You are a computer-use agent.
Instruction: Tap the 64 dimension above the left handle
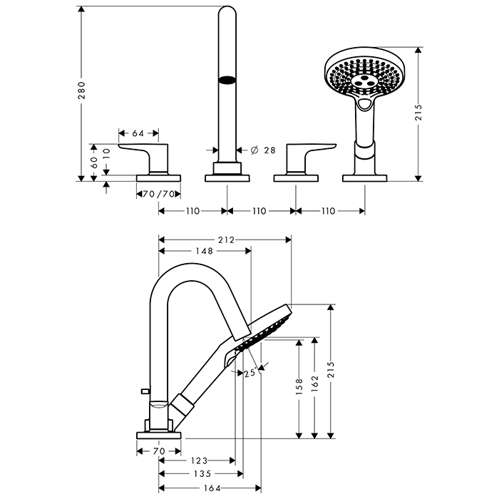pyautogui.click(x=138, y=133)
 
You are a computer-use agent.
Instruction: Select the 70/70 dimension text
pyautogui.click(x=157, y=194)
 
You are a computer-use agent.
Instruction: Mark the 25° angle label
pyautogui.click(x=249, y=372)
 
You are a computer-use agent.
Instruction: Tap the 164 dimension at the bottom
pyautogui.click(x=210, y=488)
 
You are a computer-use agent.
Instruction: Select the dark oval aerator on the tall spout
pyautogui.click(x=227, y=81)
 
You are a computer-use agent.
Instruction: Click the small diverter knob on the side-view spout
pyautogui.click(x=145, y=391)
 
